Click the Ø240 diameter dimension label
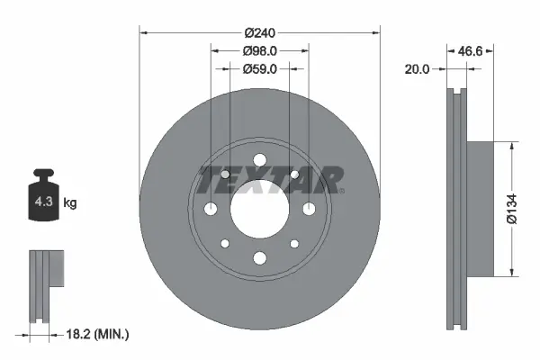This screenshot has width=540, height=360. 259,32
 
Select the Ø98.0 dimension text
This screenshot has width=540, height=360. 259,51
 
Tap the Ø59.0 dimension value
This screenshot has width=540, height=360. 259,68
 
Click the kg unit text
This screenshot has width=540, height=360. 70,203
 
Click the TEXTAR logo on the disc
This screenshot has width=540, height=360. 270,180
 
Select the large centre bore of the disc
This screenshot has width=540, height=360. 259,209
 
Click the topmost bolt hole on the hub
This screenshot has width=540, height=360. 259,160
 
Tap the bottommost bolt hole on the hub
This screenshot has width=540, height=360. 259,258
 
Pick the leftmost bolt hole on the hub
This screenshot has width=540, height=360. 211,209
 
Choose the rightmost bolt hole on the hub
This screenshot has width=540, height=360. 309,209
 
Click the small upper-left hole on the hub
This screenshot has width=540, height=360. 225,174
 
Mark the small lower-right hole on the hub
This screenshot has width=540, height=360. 293,244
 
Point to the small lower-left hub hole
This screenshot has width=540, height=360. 225,244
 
